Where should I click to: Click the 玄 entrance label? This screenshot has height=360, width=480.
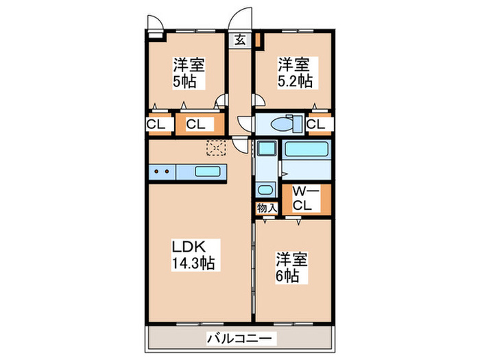pyautogui.click(x=241, y=40)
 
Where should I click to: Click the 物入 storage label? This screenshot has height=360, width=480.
pyautogui.click(x=266, y=207)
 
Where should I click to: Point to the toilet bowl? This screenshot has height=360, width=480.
pyautogui.click(x=283, y=125)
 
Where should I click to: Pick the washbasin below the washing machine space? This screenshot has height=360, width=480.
pyautogui.click(x=265, y=190)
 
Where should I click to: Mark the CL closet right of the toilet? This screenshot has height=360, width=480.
pyautogui.click(x=316, y=124)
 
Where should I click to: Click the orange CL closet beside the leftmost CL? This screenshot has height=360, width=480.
pyautogui.click(x=196, y=125)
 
